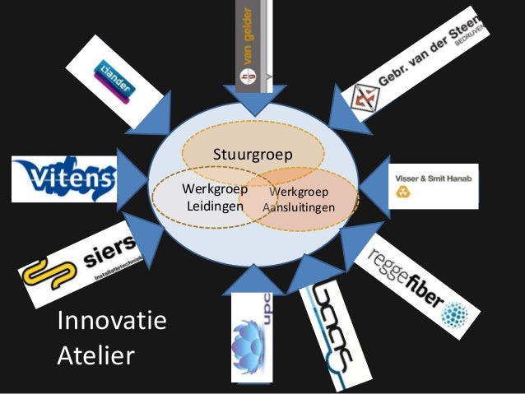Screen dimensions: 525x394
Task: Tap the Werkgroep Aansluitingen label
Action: click(x=298, y=200)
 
